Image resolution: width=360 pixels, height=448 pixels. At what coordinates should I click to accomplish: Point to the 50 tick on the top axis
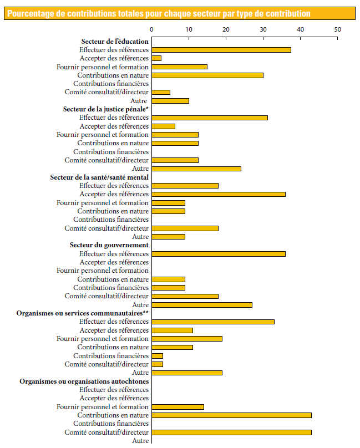point(337,29)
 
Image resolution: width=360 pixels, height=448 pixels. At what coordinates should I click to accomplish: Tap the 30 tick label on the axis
point(263,29)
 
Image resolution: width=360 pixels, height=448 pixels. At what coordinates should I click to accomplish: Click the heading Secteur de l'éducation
point(115,42)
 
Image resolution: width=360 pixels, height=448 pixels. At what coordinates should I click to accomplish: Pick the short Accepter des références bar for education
point(156,58)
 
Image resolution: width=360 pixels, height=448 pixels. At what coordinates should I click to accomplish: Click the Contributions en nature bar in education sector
point(207,75)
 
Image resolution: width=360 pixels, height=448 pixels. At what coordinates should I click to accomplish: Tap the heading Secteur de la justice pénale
point(105,109)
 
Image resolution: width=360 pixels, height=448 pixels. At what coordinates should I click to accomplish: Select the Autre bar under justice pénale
point(196,169)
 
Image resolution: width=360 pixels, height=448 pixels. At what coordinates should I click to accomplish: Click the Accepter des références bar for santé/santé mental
point(218,194)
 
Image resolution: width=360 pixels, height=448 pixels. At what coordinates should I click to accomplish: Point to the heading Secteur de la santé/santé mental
point(99,177)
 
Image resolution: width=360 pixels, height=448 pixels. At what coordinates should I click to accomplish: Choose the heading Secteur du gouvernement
point(109,245)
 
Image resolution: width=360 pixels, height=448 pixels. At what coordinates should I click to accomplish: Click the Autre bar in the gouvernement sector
point(201,305)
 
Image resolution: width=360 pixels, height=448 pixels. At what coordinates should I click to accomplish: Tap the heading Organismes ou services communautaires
point(83,313)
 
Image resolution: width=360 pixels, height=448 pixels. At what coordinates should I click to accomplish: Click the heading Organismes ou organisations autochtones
point(84,381)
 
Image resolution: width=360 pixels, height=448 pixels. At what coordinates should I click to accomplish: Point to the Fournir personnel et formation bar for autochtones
point(178,407)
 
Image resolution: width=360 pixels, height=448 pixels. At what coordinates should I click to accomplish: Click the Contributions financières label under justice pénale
point(111,151)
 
